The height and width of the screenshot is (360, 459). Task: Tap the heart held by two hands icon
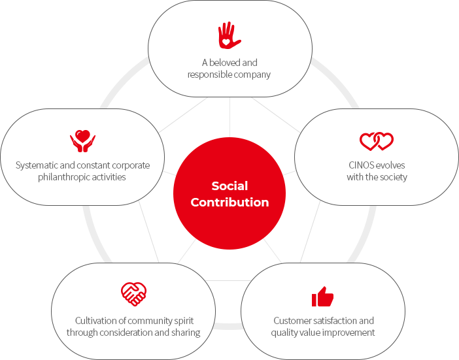pos(82,140)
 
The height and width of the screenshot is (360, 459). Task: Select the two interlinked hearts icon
pos(377,141)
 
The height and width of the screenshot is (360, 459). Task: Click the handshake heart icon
pos(134,294)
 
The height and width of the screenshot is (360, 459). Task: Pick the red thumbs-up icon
pos(322,297)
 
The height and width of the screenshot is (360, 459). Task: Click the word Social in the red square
pos(229,186)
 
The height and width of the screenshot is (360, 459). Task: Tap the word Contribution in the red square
pos(229,202)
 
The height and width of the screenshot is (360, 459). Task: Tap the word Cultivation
pos(97,321)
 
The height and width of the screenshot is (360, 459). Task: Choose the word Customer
pos(293,321)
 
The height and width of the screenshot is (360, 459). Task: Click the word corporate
pos(131,165)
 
